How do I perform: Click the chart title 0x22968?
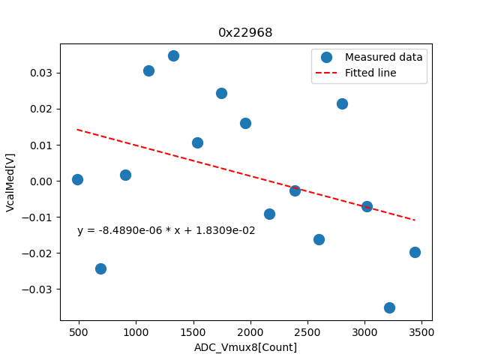[245, 33]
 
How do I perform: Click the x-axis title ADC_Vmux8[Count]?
[245, 347]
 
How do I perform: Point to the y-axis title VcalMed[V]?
[10, 181]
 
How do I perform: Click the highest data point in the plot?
[173, 55]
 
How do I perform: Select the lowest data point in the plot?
[389, 307]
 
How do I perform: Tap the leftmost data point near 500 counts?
[77, 179]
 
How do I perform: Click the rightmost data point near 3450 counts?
[415, 252]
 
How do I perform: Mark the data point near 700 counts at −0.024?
[100, 268]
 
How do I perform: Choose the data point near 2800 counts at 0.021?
[342, 103]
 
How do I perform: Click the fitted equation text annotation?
[166, 231]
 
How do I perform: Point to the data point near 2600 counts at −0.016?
[319, 239]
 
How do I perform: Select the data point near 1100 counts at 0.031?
[148, 70]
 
